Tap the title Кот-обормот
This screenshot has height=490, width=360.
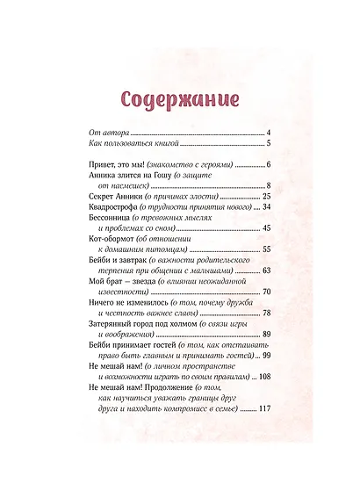[x=116, y=241]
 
